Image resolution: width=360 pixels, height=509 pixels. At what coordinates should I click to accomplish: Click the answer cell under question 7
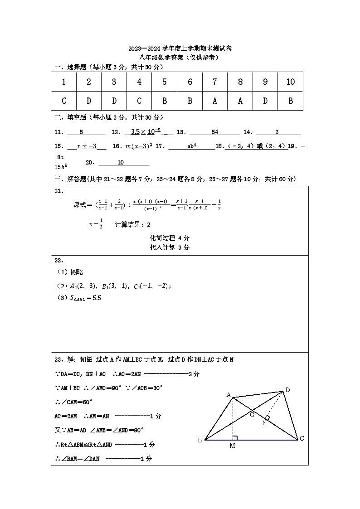click(x=215, y=101)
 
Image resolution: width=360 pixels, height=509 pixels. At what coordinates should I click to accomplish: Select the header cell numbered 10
click(x=290, y=82)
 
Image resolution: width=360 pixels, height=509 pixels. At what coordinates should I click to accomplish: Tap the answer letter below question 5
click(x=165, y=101)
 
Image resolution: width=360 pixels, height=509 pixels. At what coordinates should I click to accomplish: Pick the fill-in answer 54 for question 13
click(x=215, y=132)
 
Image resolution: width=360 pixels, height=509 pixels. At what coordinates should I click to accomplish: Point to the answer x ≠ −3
click(x=87, y=146)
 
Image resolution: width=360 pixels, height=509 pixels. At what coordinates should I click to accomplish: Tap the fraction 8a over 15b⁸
click(x=60, y=161)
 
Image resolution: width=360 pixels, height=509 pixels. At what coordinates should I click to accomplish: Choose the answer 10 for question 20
click(x=121, y=163)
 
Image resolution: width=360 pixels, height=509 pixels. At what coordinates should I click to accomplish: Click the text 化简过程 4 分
click(x=170, y=238)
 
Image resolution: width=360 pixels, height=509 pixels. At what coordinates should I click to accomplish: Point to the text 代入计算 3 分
click(x=170, y=247)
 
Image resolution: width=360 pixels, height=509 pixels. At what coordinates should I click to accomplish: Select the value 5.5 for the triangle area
click(x=97, y=298)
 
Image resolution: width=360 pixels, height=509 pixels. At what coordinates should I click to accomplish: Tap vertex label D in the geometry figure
click(x=287, y=389)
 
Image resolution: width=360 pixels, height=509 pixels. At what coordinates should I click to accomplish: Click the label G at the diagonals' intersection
click(x=253, y=414)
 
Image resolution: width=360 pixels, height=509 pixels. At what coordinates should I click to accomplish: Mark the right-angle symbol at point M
click(x=235, y=437)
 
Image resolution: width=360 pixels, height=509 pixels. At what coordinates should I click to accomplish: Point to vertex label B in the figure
click(x=199, y=440)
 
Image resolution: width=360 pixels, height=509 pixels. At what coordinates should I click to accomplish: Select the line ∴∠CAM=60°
click(x=74, y=402)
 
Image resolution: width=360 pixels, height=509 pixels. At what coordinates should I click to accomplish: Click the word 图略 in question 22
click(x=77, y=272)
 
